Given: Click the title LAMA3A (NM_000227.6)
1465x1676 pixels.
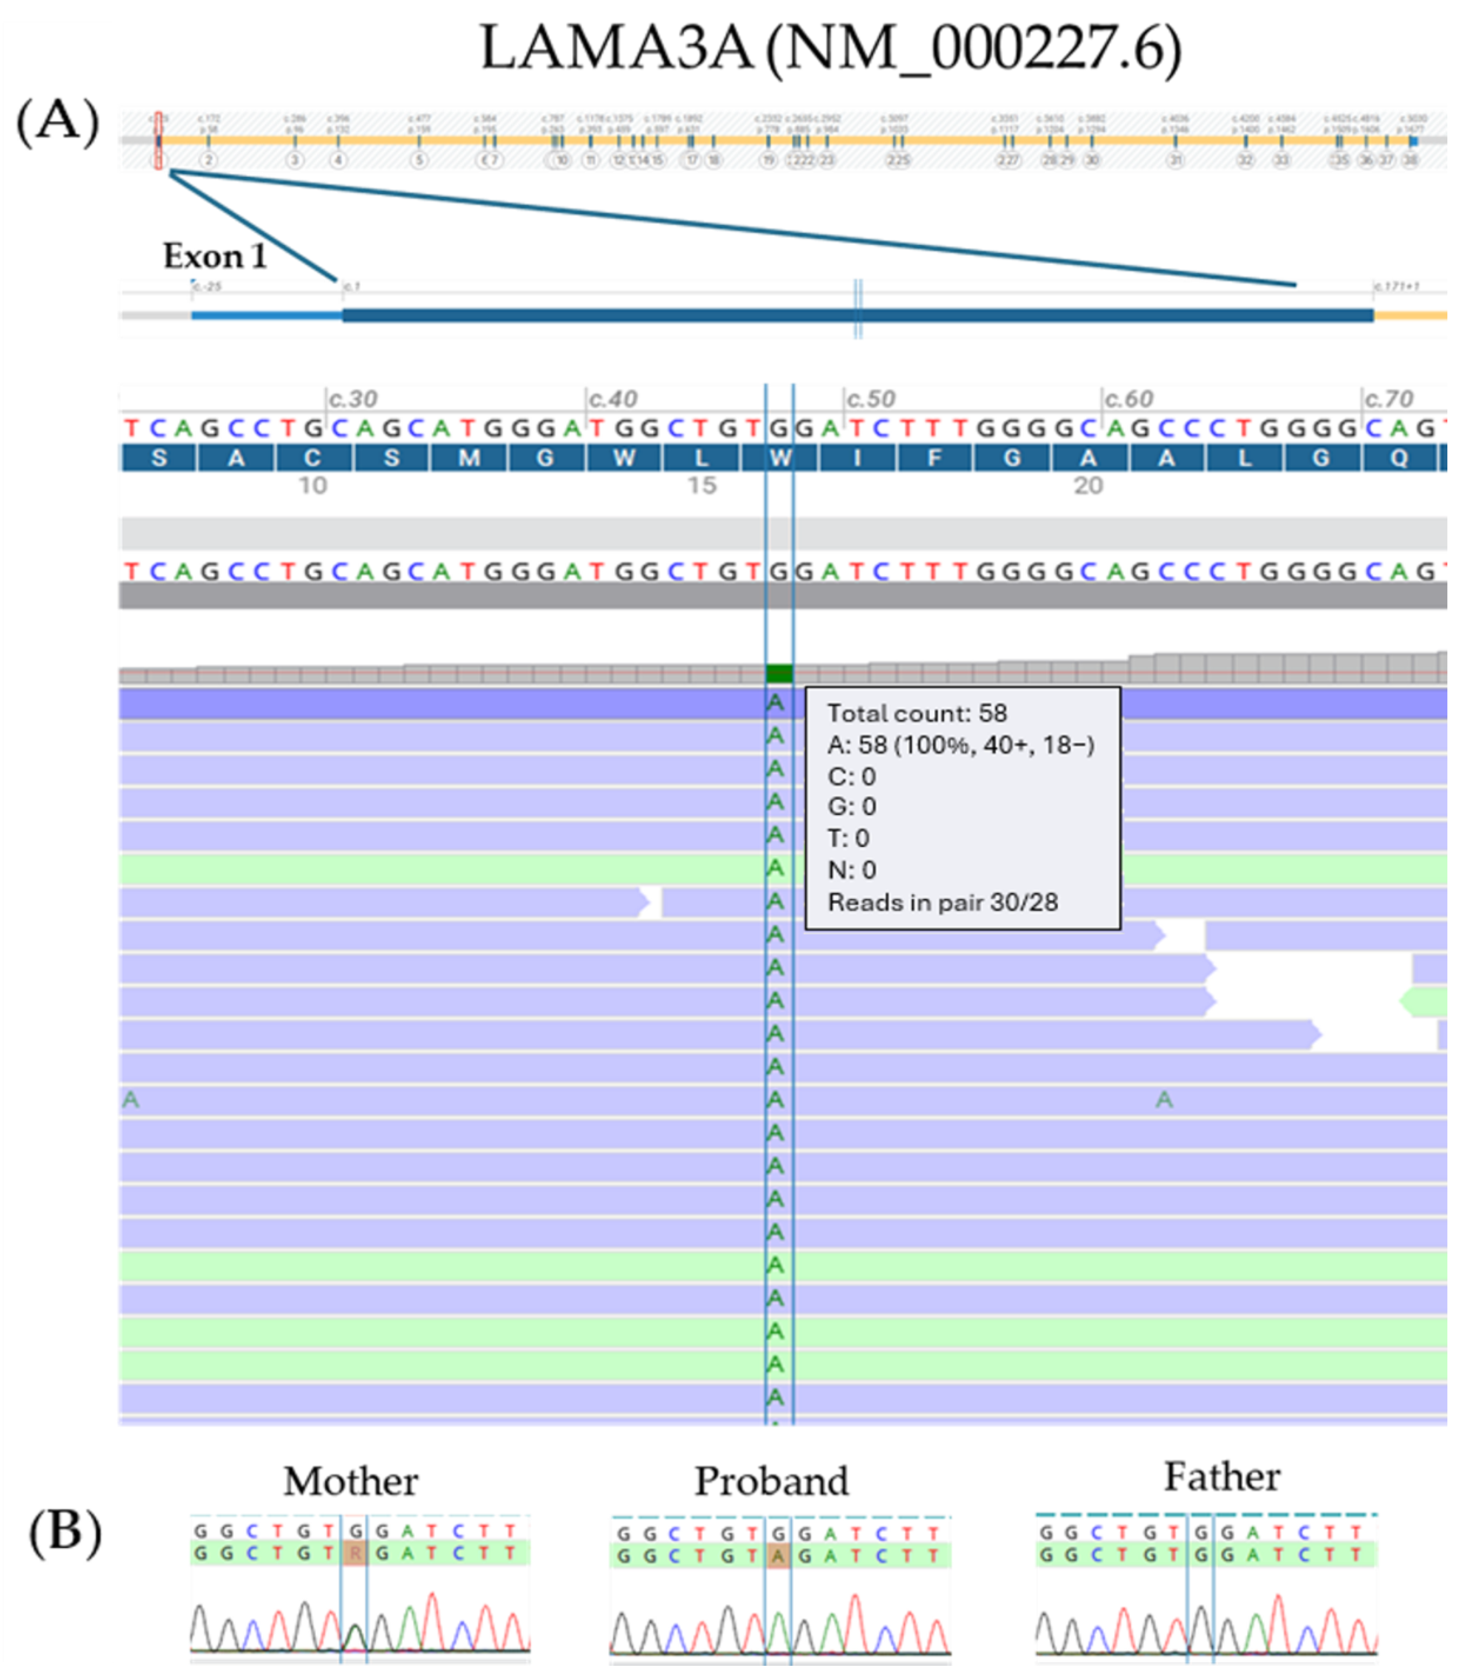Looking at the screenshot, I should (830, 49).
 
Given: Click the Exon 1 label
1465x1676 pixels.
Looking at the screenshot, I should (215, 257).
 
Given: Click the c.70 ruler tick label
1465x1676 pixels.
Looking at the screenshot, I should (1388, 399).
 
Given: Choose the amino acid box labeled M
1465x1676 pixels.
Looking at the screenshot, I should (469, 458).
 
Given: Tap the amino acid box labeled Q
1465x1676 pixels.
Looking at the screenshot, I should (1399, 458).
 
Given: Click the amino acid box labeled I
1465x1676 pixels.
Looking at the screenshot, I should (858, 458).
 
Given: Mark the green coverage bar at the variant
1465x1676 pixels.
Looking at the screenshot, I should (779, 674).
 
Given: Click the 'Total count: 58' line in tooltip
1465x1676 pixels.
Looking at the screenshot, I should (916, 713).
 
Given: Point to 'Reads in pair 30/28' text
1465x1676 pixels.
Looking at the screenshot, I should (943, 902).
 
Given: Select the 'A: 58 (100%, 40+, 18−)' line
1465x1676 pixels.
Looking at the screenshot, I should (961, 745).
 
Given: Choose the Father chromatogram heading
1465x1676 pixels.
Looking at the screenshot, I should (1222, 1477).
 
